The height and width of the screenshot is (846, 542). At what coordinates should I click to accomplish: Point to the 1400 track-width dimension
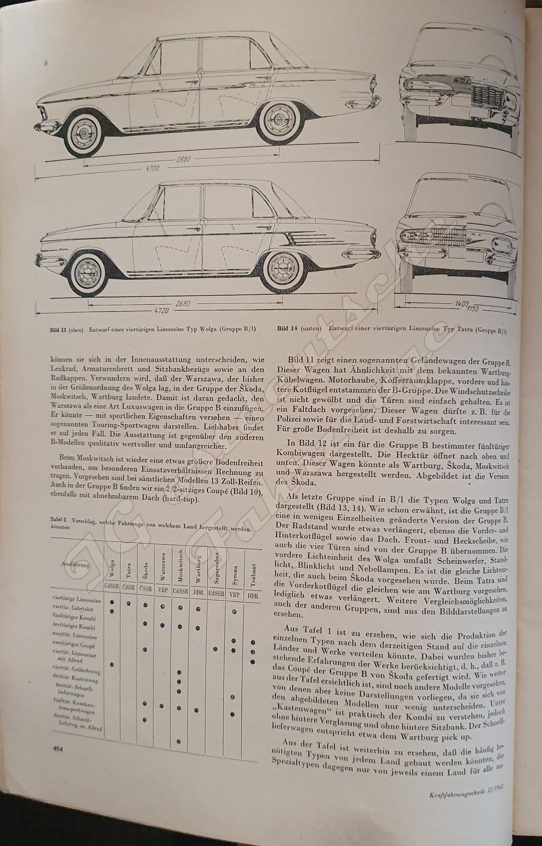(461, 303)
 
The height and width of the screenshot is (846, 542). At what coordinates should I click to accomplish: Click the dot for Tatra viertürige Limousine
(129, 603)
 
